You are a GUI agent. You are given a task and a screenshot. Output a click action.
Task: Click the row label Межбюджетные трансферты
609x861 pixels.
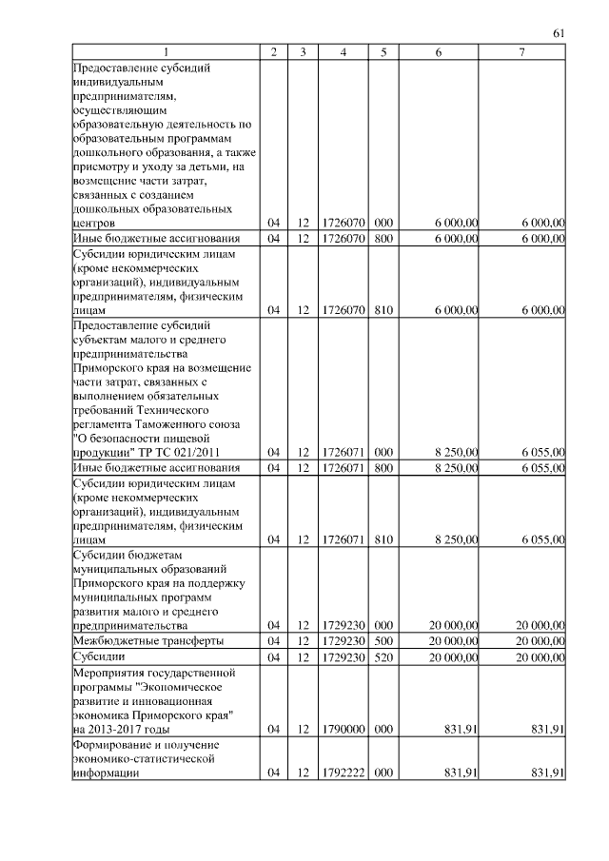coord(135,641)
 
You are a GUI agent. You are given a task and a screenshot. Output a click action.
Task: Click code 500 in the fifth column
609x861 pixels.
coord(383,641)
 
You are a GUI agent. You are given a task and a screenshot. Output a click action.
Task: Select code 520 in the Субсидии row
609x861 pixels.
coord(383,657)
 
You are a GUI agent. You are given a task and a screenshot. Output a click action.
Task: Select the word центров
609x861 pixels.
coord(93,223)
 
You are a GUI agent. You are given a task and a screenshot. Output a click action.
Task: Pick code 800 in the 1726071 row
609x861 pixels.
coord(383,468)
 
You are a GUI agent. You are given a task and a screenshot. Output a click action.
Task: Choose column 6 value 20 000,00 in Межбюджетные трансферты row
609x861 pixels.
coord(451,641)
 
